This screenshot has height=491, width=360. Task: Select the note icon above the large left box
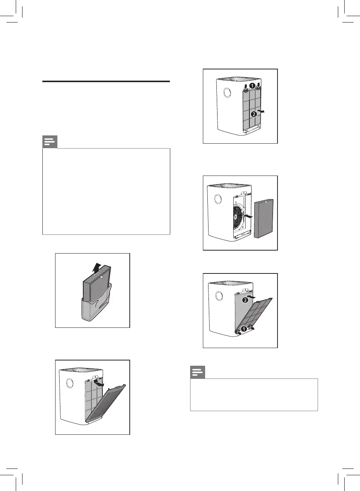click(50, 142)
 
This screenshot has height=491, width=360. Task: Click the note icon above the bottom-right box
click(198, 372)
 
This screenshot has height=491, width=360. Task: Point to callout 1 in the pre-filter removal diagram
click(252, 86)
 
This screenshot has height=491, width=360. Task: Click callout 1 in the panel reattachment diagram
click(244, 329)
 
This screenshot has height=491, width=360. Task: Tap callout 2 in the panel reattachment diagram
click(245, 300)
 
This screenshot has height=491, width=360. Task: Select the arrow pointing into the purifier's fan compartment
click(247, 216)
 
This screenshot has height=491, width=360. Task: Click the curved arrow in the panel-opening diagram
click(99, 384)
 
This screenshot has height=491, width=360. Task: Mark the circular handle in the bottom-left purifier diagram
click(69, 383)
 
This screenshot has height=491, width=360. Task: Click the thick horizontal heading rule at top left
click(106, 81)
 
